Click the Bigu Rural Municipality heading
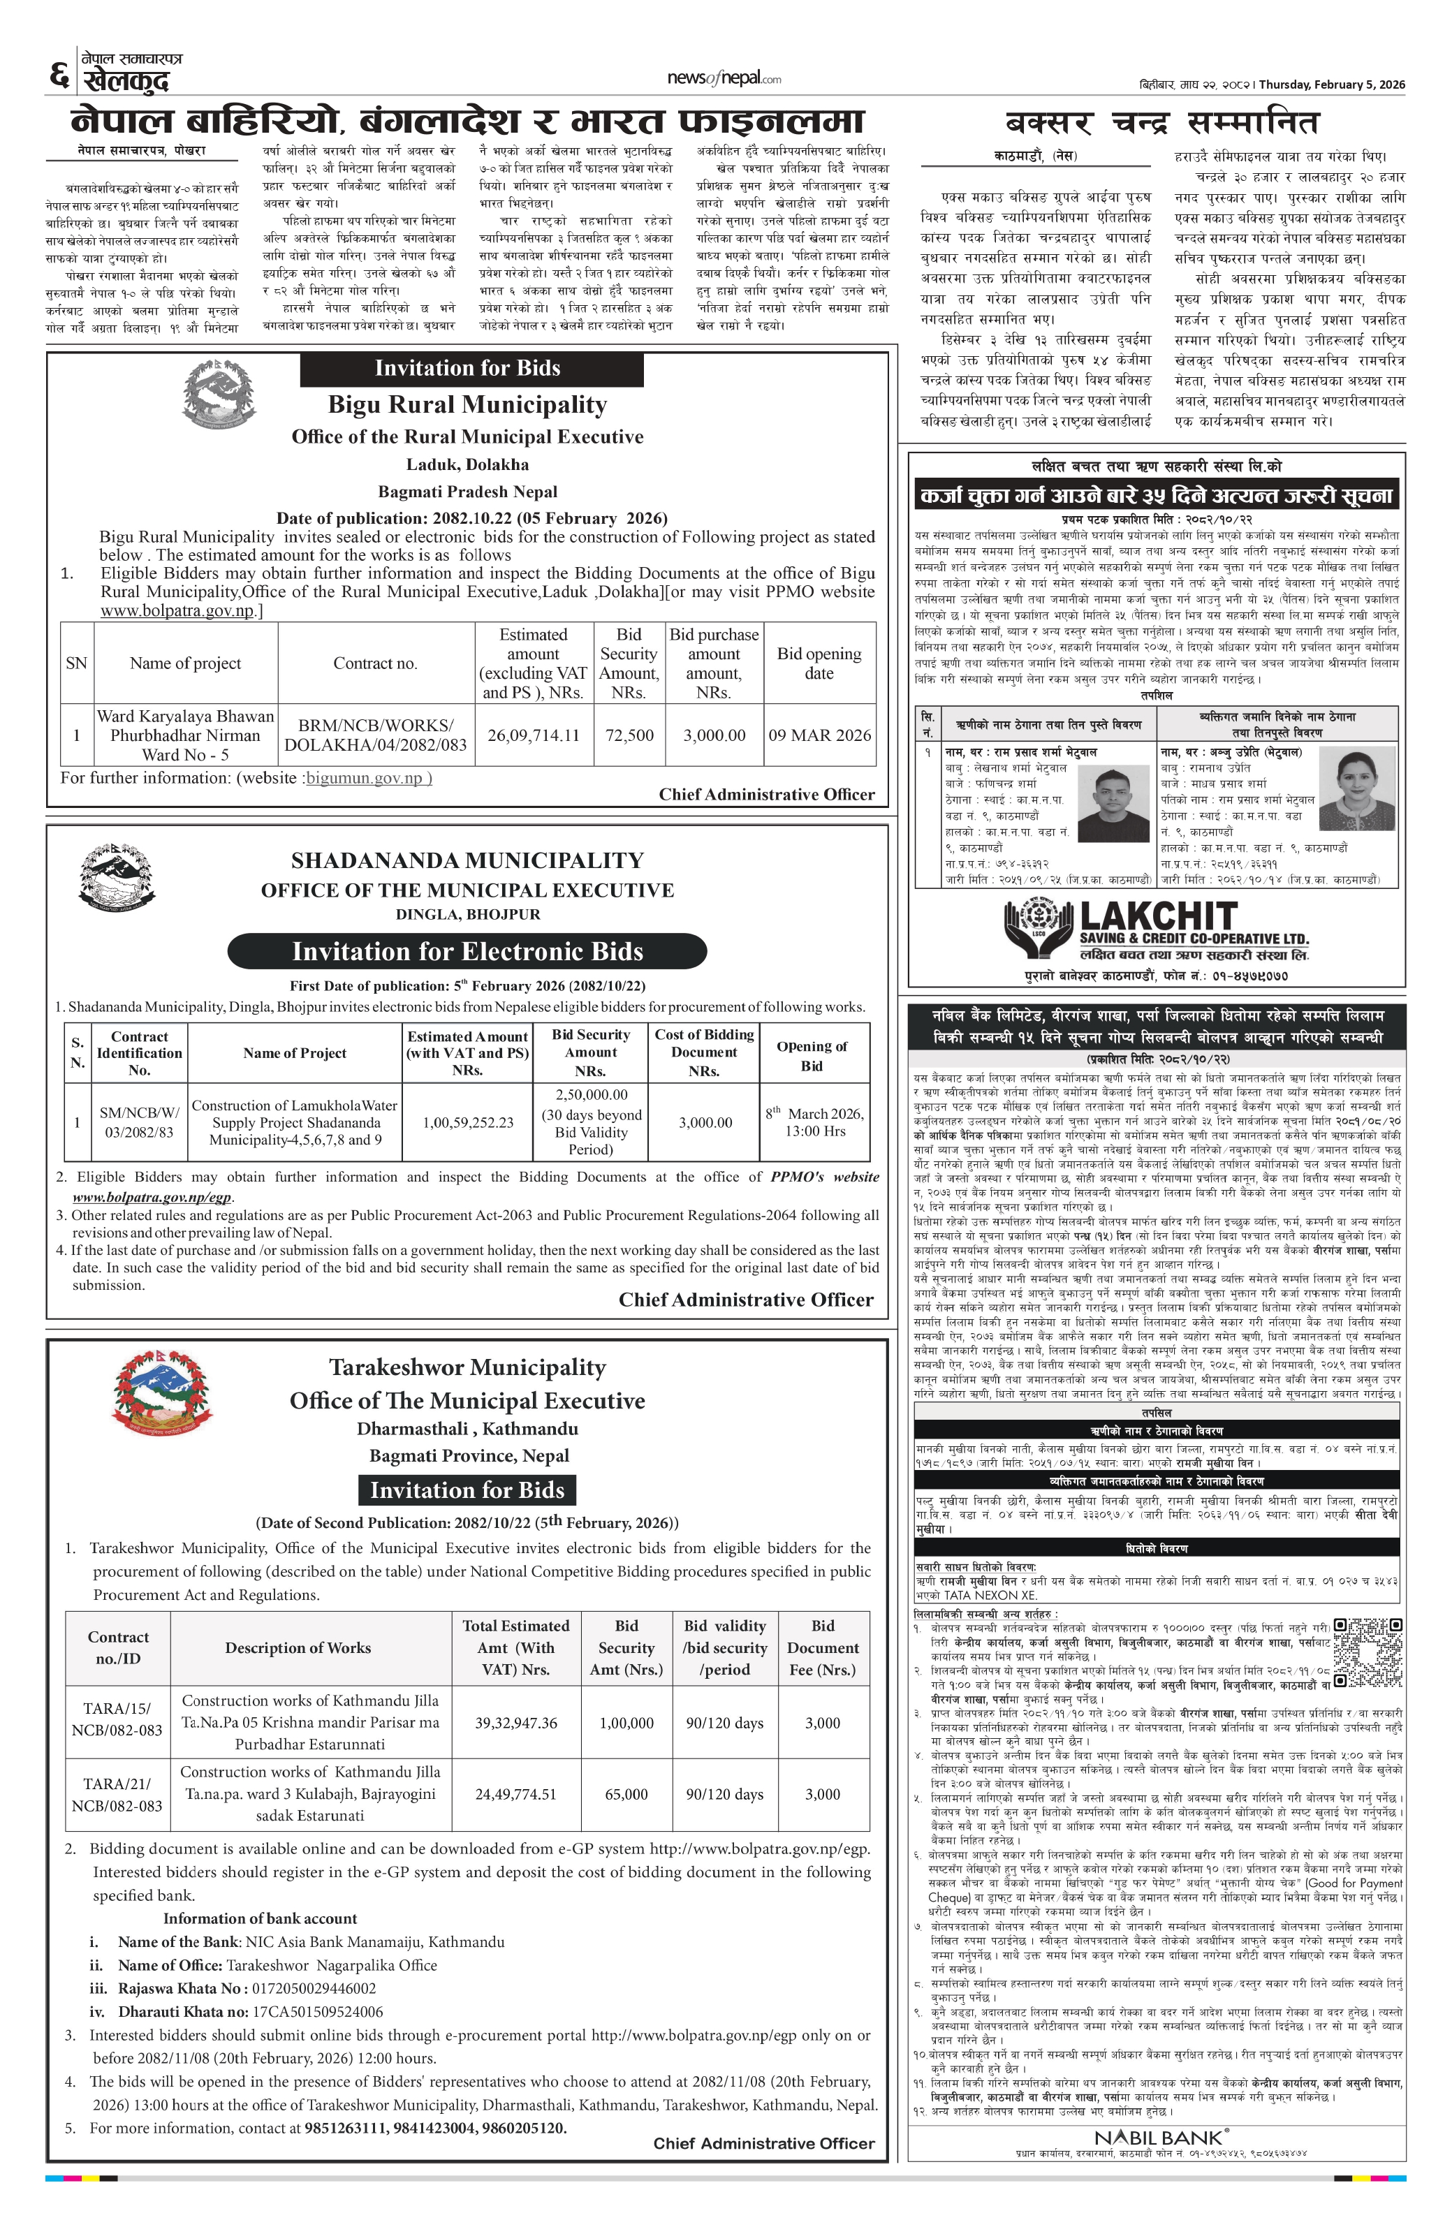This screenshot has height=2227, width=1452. coord(467,405)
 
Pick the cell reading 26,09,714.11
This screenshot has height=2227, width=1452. coord(534,735)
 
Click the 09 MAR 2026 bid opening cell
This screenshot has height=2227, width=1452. coord(819,735)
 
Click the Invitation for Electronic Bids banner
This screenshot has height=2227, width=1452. coord(467,952)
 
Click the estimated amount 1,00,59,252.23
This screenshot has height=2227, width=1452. coord(468,1122)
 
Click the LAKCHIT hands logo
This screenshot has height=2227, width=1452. coord(1038,928)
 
